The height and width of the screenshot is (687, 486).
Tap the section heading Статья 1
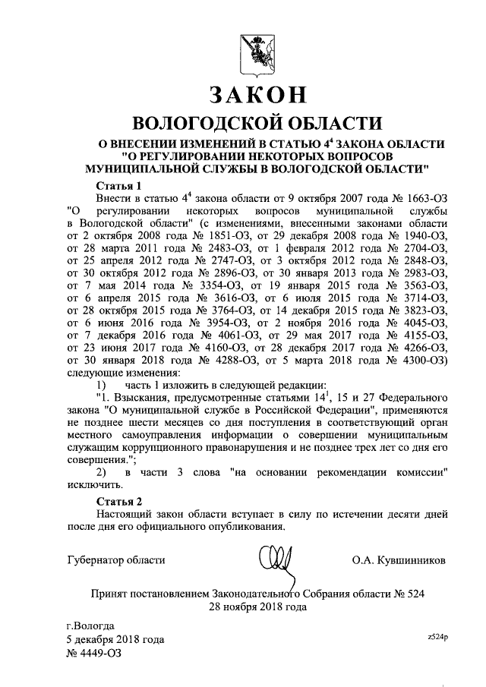point(119,186)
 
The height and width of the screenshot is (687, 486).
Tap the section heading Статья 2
point(119,502)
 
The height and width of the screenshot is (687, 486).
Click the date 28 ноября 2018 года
point(257,607)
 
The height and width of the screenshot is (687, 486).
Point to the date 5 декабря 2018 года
point(115,639)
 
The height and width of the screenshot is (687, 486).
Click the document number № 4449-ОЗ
point(93,652)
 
